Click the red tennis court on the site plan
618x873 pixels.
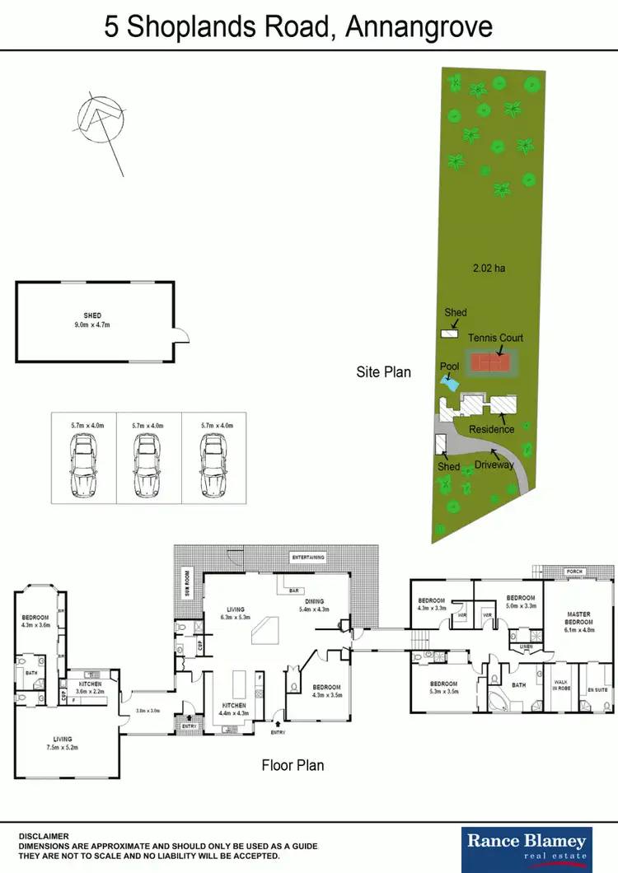pyautogui.click(x=490, y=362)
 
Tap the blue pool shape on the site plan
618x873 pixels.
pyautogui.click(x=449, y=383)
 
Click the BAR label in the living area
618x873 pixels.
pyautogui.click(x=293, y=590)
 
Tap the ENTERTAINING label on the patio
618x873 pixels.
pyautogui.click(x=308, y=558)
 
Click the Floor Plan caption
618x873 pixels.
pyautogui.click(x=293, y=765)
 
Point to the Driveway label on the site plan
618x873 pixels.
pyautogui.click(x=494, y=465)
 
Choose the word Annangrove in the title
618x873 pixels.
pyautogui.click(x=419, y=27)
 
